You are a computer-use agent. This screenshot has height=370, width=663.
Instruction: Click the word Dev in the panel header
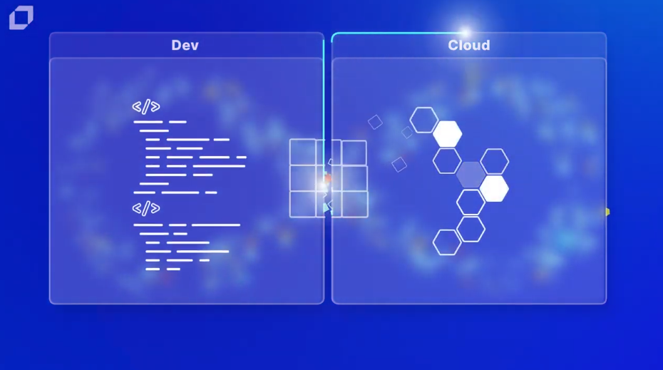coord(185,45)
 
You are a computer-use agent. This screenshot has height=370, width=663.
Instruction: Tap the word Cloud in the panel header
coord(469,45)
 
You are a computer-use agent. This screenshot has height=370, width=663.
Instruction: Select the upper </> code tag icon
coord(146,106)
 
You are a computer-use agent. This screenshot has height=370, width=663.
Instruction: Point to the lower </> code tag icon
coord(146,208)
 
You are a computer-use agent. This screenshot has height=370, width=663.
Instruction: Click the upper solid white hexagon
coord(448,133)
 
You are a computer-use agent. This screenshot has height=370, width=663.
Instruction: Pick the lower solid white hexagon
coord(494,189)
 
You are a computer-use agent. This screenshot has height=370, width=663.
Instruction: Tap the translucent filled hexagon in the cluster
coord(471,174)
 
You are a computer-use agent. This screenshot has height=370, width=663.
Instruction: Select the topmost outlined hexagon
coord(423,120)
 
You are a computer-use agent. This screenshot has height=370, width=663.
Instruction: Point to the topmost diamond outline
coord(375,122)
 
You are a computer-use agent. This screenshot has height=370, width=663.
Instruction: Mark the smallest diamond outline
coord(407,133)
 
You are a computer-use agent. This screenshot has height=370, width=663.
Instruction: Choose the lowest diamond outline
coord(399,165)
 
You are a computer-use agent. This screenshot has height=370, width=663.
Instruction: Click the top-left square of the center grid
coord(303,152)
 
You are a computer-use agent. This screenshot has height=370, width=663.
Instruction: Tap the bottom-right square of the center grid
coord(355,205)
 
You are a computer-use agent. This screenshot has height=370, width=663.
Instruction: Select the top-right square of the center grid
coord(354,153)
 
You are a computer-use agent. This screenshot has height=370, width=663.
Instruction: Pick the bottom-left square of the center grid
coord(303,204)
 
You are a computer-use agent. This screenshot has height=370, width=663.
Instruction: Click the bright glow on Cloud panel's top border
coord(465,32)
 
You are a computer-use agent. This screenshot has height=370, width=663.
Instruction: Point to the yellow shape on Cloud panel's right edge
coord(607,212)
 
